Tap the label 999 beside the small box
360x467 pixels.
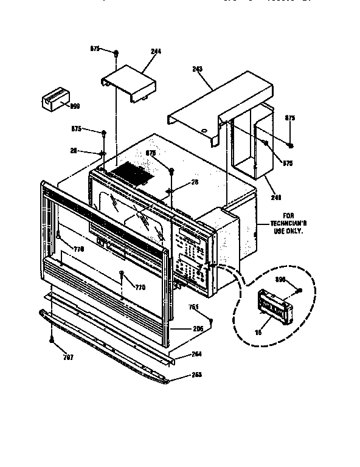75,106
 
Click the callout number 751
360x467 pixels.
194,306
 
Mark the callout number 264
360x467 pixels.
196,354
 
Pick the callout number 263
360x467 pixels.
196,374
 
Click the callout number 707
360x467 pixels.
68,358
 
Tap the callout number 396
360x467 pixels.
280,281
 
